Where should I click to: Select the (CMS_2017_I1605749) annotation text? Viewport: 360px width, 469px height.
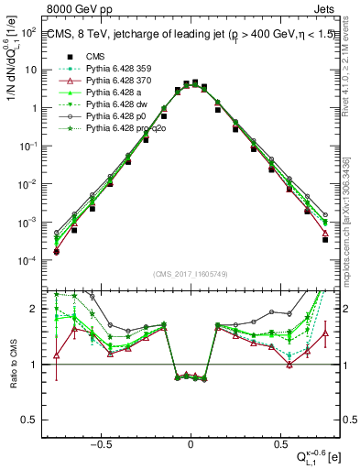[x=191, y=274]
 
